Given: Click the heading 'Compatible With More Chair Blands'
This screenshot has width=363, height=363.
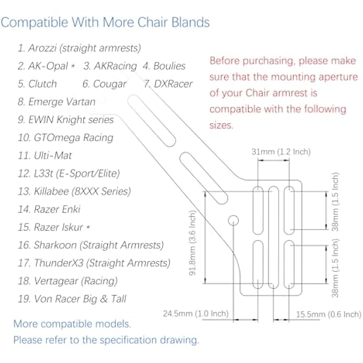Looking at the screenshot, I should [x=105, y=23].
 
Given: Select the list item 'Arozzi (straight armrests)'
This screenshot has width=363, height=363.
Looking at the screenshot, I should [x=79, y=48].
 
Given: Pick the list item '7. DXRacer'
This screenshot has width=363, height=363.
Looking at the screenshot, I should [x=168, y=84].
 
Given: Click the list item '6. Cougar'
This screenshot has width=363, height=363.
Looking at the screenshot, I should [x=105, y=84].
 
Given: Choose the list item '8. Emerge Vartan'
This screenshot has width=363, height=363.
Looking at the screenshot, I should [x=57, y=101].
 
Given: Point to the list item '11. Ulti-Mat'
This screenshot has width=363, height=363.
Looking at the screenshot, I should [x=45, y=155].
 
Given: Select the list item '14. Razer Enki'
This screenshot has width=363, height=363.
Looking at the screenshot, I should [x=49, y=209].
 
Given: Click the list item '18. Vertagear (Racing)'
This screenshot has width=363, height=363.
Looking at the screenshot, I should [x=67, y=281].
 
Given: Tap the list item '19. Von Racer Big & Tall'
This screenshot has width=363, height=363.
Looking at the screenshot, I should [x=72, y=299].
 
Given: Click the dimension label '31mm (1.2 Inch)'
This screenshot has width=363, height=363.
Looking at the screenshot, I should [x=281, y=152].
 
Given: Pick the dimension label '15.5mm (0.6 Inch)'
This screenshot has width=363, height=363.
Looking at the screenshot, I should [x=328, y=314].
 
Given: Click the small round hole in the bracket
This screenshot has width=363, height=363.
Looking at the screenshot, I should [x=233, y=220].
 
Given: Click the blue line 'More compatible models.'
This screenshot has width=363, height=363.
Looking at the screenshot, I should [x=72, y=323].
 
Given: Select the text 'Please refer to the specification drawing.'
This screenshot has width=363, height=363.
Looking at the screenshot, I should [x=106, y=340].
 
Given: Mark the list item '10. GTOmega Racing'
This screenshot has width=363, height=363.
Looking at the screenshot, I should [x=66, y=138].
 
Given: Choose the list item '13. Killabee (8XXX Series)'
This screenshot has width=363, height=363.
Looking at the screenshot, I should [x=74, y=191].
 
